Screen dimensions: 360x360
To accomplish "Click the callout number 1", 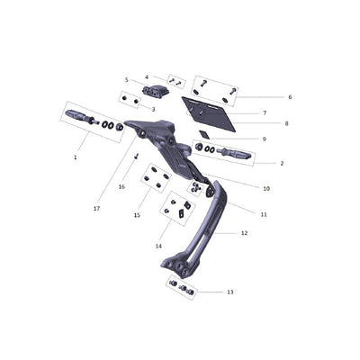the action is [76, 157].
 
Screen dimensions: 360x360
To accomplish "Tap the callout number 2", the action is [282, 164].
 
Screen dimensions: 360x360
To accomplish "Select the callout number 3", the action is [153, 110].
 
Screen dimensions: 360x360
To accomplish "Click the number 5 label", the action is [127, 80].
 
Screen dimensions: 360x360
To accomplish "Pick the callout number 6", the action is [290, 97].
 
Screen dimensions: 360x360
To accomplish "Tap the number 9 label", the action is [264, 139].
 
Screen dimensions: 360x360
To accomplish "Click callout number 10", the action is [266, 189].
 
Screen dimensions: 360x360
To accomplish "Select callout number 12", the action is [245, 233].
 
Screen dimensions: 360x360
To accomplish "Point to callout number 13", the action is [230, 292].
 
